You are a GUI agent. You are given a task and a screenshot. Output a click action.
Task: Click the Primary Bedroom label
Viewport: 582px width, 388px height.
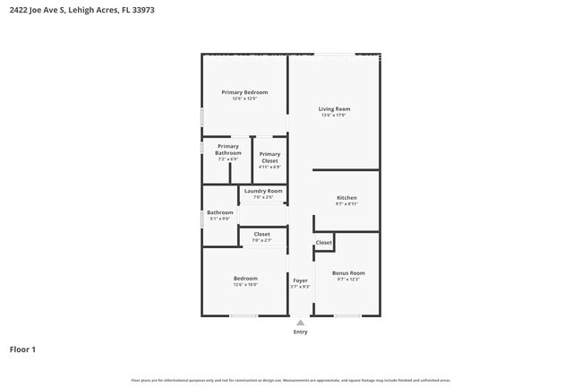(244, 92)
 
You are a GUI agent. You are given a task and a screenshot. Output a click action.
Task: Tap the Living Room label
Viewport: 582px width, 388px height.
(334, 109)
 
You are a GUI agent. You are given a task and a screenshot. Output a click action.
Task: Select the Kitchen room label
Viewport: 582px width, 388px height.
(347, 198)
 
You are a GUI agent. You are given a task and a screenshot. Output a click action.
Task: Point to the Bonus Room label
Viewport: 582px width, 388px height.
(348, 273)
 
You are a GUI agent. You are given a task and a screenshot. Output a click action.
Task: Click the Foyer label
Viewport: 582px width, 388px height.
(300, 280)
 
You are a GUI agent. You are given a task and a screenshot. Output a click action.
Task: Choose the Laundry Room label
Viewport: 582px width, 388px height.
(262, 191)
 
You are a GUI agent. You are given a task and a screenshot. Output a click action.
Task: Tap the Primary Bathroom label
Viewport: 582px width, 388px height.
(228, 150)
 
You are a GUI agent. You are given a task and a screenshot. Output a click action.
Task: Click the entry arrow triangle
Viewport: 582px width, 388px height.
(300, 323)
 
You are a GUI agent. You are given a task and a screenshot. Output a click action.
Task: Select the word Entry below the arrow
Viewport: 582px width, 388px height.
(300, 332)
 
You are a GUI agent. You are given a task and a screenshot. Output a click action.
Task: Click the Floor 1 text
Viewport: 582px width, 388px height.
(22, 349)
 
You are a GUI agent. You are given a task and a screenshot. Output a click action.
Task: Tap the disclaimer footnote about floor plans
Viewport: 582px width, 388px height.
(290, 380)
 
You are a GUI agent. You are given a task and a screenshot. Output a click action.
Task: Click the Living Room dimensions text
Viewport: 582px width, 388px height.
(334, 116)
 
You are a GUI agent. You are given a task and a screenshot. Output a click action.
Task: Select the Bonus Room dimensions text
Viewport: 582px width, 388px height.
(348, 280)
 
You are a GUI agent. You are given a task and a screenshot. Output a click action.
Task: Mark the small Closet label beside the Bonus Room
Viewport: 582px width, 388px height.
(323, 243)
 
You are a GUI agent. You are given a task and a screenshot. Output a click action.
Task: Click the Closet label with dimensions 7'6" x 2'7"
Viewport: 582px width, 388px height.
(261, 234)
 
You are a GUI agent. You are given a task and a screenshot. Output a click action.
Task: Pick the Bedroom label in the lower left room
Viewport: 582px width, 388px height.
(245, 278)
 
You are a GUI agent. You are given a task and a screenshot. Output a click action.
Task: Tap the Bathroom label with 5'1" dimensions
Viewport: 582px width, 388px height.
(220, 212)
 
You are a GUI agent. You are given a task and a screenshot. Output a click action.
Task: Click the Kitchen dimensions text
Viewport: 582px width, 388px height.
(347, 204)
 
